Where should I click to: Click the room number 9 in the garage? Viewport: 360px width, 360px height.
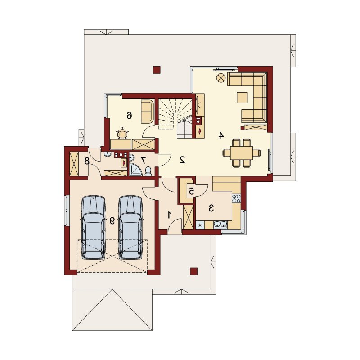click(112, 220)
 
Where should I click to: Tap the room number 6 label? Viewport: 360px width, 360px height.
click(130, 116)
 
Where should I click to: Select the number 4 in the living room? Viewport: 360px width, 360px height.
click(220, 135)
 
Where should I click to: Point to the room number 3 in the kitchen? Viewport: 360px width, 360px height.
click(211, 208)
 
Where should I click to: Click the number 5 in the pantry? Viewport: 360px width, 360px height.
click(192, 191)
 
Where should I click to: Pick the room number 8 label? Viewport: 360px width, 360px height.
click(87, 161)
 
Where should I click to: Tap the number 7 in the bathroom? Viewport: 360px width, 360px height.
click(143, 161)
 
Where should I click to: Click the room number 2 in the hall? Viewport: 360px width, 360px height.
click(183, 160)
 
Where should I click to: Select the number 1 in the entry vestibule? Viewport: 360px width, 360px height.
click(170, 215)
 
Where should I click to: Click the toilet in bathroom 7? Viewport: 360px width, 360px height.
click(148, 171)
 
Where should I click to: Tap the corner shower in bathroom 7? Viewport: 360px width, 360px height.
click(135, 170)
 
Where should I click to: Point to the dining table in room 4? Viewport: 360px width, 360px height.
click(242, 153)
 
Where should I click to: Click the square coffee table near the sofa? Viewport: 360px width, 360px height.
click(243, 97)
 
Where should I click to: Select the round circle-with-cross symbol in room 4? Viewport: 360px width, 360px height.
click(220, 77)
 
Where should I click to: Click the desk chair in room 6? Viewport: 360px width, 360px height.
click(122, 133)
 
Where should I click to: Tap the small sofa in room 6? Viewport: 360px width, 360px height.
click(147, 111)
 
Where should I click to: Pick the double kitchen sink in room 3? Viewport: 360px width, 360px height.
click(220, 225)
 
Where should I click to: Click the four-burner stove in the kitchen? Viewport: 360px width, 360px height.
click(236, 198)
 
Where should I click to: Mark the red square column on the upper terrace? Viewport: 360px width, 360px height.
click(157, 70)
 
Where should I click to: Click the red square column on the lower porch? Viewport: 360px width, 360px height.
click(193, 271)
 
